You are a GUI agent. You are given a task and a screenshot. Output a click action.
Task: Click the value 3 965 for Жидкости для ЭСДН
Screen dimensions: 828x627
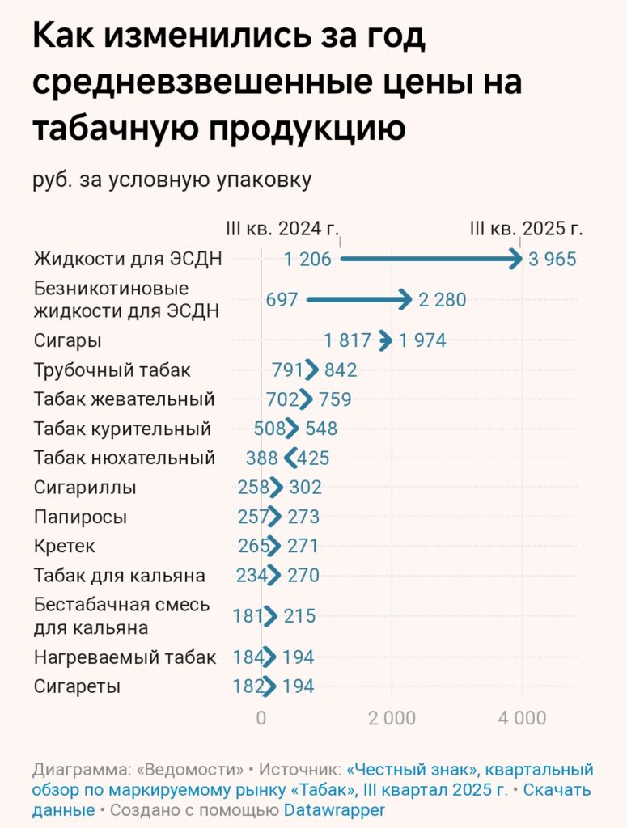click(x=553, y=260)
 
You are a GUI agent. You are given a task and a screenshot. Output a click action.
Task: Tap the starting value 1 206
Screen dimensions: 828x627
click(x=307, y=260)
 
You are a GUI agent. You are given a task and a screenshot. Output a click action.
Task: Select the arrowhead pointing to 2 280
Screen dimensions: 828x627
click(x=406, y=300)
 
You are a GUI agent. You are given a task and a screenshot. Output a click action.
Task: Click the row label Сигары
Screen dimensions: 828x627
click(x=67, y=340)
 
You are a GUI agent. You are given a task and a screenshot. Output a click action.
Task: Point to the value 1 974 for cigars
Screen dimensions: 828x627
click(x=422, y=340)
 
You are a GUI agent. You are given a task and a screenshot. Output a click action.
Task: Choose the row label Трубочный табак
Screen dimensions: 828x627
click(x=112, y=370)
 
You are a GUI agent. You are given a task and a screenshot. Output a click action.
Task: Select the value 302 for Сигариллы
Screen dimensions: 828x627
click(x=304, y=488)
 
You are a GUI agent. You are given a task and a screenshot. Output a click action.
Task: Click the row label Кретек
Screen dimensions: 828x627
click(x=64, y=546)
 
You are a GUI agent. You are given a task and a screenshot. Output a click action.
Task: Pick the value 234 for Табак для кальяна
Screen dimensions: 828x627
click(x=252, y=576)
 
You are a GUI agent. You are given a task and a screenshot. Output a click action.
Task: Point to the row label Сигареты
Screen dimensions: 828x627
click(x=77, y=686)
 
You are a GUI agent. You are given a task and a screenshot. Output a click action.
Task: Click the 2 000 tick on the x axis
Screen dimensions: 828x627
click(x=392, y=718)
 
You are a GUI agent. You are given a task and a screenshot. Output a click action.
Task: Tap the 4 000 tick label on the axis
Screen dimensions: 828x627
click(x=522, y=718)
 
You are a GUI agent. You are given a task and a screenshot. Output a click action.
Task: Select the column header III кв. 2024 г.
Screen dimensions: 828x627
click(x=282, y=228)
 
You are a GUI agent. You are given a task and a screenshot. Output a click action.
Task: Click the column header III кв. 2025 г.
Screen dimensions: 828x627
click(x=527, y=228)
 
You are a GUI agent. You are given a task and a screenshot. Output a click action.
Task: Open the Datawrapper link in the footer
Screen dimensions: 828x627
click(x=334, y=809)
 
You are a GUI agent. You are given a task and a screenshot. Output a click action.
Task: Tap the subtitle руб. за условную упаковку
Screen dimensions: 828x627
click(x=172, y=180)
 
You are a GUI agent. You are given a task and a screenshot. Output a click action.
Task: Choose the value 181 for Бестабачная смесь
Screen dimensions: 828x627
click(x=248, y=616)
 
